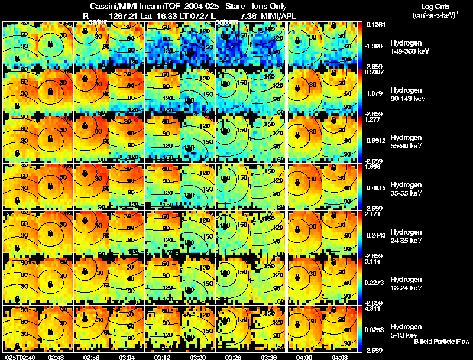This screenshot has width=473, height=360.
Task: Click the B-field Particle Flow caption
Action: coord(442,342)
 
